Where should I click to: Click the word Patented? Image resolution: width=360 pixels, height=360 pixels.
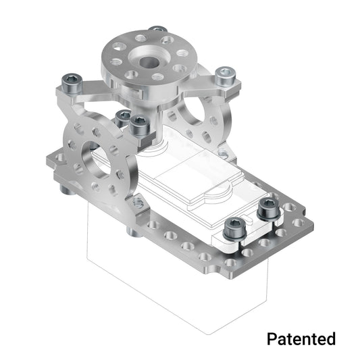click(301, 338)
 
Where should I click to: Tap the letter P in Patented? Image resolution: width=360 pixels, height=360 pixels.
click(271, 338)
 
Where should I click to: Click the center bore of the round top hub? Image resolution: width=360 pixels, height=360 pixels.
click(148, 59)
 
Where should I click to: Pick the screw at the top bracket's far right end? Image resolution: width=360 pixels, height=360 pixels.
click(226, 77)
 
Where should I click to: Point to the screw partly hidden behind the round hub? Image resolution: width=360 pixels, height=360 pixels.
click(157, 30)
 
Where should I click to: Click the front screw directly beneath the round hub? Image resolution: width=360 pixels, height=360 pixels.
click(140, 125)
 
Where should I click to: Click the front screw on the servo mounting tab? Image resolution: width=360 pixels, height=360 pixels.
click(234, 227)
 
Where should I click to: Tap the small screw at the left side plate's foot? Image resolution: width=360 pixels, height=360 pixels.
click(137, 202)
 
